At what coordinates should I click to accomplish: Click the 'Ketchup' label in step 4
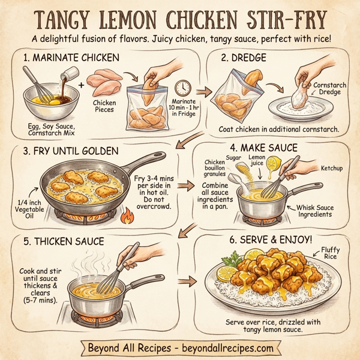pyautogui.click(x=331, y=169)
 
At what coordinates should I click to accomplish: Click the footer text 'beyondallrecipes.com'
pyautogui.click(x=227, y=347)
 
